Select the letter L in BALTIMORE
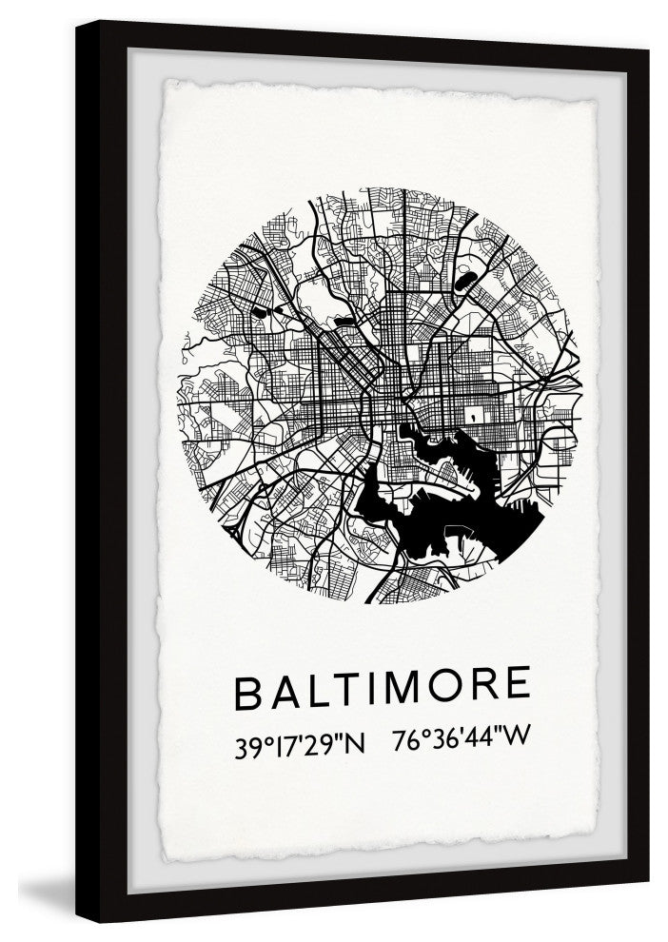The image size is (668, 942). tap(319, 692)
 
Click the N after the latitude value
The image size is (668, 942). tap(353, 743)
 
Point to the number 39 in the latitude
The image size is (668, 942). tap(248, 743)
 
